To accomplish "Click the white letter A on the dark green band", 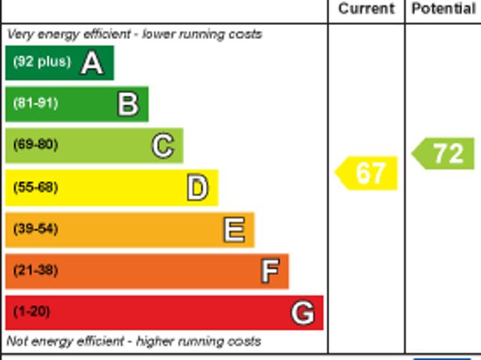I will (92, 63).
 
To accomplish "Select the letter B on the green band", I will (128, 104).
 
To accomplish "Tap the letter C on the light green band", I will (163, 146).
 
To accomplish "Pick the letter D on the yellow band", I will (198, 188).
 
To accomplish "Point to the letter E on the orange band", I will (234, 229).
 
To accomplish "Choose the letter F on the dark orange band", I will (270, 271).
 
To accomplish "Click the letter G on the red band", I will (303, 313).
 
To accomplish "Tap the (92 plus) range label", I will (42, 62).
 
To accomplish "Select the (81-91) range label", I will (35, 104).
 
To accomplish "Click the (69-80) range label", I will (35, 145).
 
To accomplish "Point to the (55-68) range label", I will (35, 187).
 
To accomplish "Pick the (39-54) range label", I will (35, 228).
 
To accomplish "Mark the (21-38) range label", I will (35, 270).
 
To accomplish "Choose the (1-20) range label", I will (32, 311).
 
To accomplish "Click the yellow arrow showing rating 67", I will (368, 173).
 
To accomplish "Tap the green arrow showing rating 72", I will (445, 153).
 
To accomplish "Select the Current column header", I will (366, 9).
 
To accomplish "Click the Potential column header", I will (443, 9).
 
